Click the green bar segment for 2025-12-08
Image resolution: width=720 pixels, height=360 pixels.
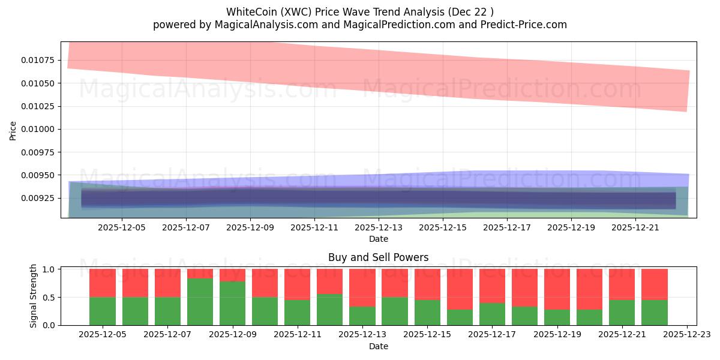coord(200,302)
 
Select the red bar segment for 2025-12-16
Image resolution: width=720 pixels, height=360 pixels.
coord(460,289)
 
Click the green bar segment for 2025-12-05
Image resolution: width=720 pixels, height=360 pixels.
coord(103,311)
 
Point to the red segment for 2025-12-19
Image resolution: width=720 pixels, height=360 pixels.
coord(557,289)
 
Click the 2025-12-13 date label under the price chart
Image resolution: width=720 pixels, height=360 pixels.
coord(379,227)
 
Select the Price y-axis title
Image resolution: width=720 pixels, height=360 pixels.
coord(13,130)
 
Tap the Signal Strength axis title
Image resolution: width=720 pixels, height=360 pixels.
coord(34,296)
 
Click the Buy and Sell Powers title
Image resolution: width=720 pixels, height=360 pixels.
coord(378,257)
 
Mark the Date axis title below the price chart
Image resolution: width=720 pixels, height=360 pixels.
coord(378,239)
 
